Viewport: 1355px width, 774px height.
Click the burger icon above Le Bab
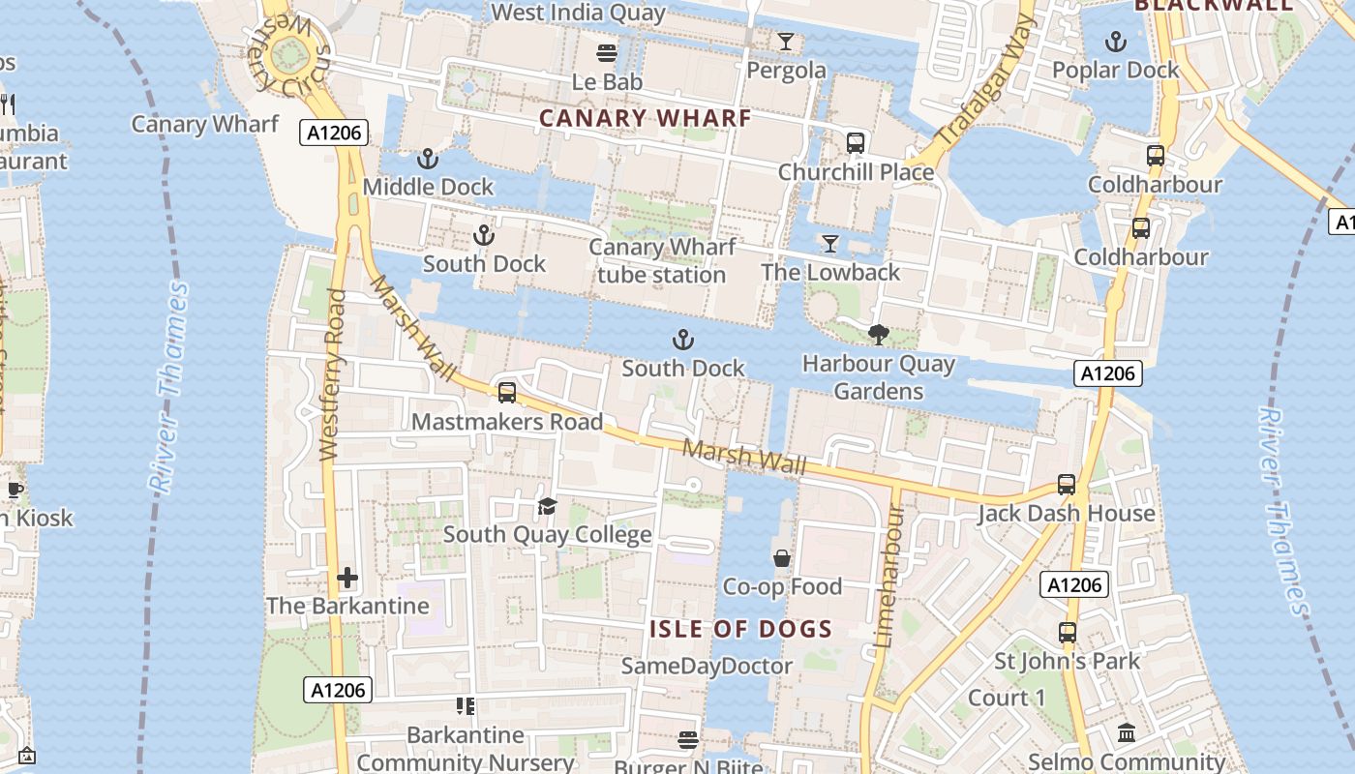(x=607, y=52)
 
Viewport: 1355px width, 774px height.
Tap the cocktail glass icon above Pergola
(x=786, y=41)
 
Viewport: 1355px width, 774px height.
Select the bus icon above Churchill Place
(x=856, y=143)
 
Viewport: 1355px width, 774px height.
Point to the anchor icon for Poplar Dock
(x=1116, y=42)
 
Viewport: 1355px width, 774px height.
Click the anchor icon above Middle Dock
(x=427, y=159)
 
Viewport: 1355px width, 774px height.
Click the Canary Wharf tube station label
(x=662, y=261)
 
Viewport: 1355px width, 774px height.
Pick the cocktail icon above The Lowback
(x=829, y=244)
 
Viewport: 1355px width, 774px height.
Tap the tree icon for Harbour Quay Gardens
(x=879, y=336)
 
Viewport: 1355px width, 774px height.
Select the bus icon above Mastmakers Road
(x=506, y=393)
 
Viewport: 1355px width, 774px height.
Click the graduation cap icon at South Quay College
(x=548, y=506)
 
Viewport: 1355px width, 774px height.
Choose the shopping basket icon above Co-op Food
(x=782, y=558)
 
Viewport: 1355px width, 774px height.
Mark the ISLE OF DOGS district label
(x=740, y=629)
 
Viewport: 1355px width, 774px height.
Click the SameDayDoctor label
(x=707, y=666)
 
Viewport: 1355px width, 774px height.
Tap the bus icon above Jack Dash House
(x=1067, y=485)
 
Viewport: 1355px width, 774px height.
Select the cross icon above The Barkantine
(x=347, y=579)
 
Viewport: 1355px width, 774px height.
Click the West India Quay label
(x=579, y=13)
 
